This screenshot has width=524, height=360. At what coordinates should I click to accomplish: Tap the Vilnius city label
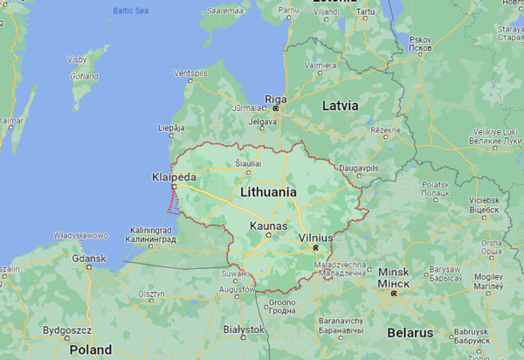click(x=314, y=237)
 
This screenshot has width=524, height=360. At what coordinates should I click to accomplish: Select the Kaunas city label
click(x=268, y=225)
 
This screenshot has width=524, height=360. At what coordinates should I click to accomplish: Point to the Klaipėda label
click(x=172, y=177)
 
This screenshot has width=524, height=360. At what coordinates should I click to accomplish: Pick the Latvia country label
click(x=340, y=105)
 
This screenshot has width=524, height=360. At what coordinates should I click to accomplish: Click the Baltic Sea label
click(x=131, y=11)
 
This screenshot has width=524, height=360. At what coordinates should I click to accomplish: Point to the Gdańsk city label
click(x=88, y=258)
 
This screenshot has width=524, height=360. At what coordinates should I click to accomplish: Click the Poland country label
click(x=90, y=350)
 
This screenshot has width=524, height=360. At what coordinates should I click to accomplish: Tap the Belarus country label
click(x=410, y=333)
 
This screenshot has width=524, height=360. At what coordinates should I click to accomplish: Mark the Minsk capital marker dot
click(x=395, y=294)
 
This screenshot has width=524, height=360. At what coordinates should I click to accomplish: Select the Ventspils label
click(x=190, y=73)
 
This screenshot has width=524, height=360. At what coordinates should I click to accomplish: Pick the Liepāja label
click(x=171, y=128)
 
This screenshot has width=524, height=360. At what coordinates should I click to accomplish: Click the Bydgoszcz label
click(x=66, y=332)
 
